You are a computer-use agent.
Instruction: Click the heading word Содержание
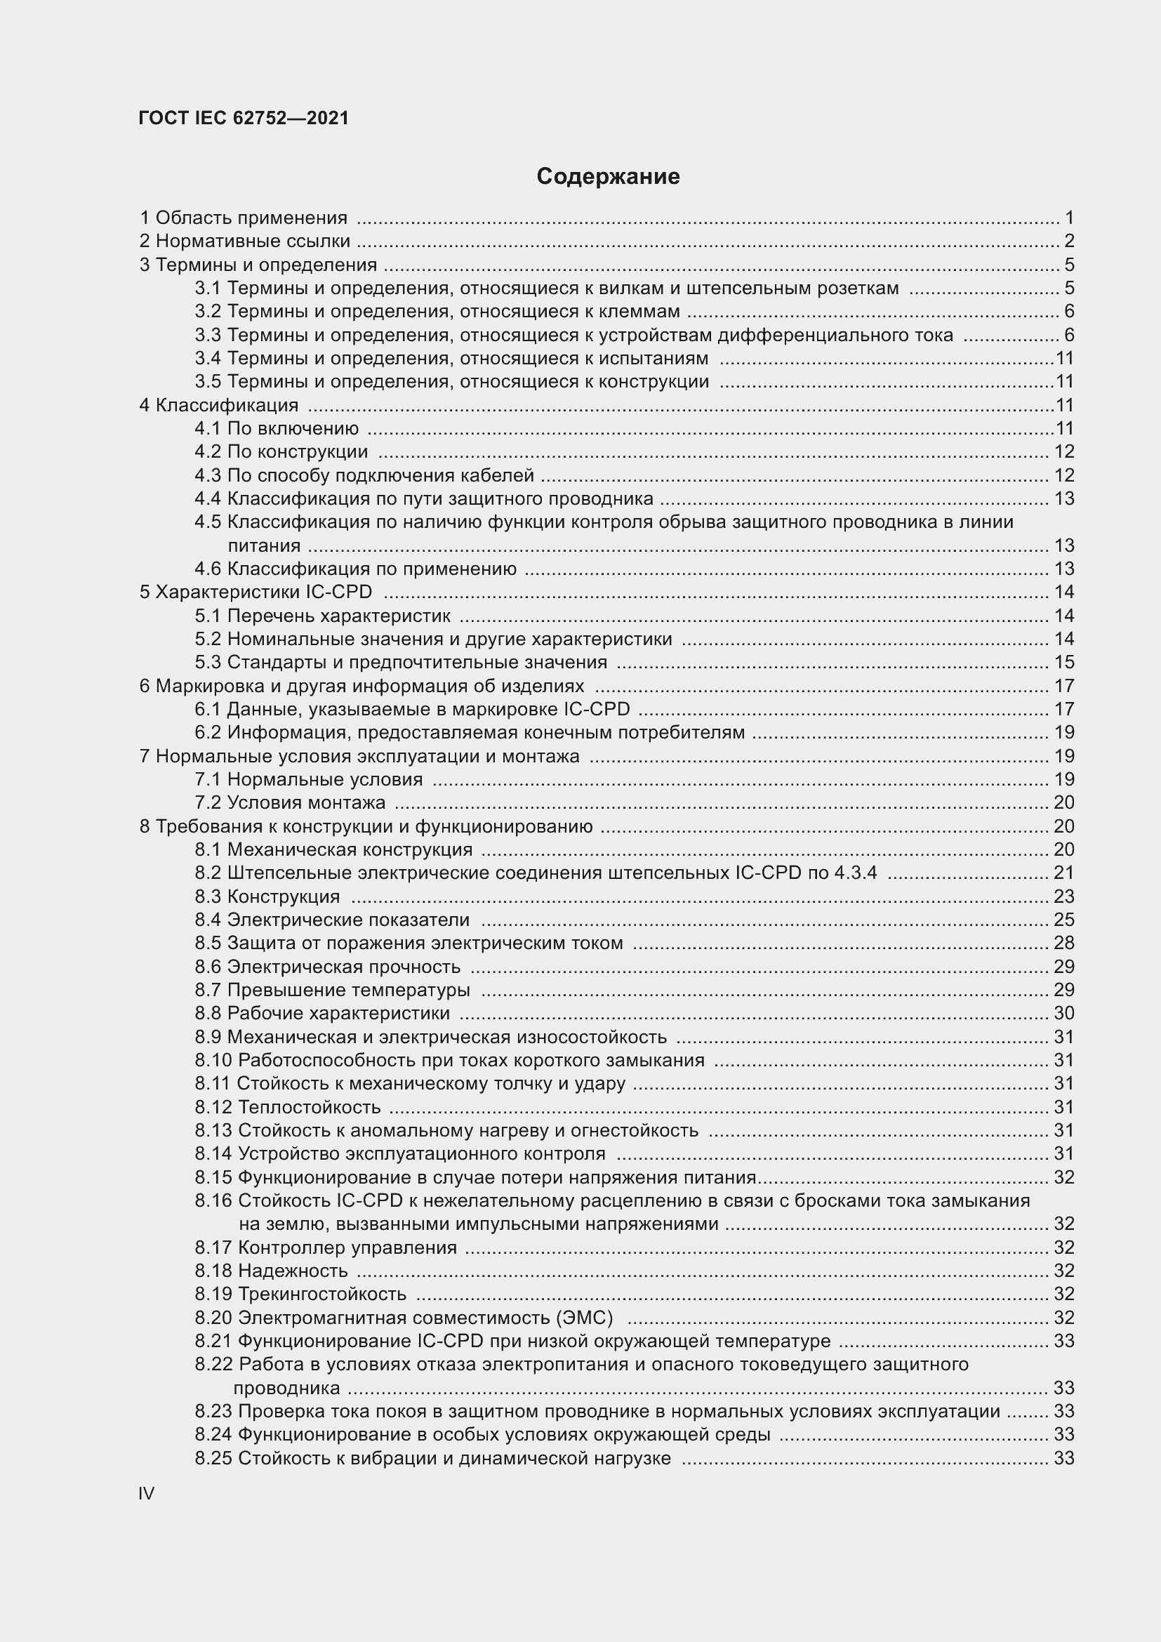[x=608, y=176]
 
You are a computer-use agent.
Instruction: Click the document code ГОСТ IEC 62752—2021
[x=244, y=118]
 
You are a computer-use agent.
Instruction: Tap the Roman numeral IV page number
[x=147, y=1493]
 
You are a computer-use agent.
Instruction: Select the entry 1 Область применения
[x=243, y=218]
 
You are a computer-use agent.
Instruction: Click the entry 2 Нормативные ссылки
[x=244, y=241]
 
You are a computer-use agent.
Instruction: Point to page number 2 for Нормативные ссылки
[x=1069, y=241]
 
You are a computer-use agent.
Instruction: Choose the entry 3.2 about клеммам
[x=437, y=311]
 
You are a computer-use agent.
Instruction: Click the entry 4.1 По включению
[x=277, y=428]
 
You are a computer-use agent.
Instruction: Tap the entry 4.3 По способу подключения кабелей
[x=364, y=475]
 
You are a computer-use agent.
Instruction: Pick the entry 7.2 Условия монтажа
[x=289, y=802]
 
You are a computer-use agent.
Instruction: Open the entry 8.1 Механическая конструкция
[x=333, y=849]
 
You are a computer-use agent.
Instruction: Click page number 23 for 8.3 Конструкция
[x=1063, y=896]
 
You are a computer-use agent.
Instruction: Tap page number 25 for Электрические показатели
[x=1063, y=919]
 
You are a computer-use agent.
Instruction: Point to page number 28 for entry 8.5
[x=1063, y=943]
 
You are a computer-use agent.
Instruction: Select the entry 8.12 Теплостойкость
[x=287, y=1107]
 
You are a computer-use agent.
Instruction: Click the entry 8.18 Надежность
[x=271, y=1270]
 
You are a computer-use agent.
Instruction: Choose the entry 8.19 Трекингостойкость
[x=300, y=1294]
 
